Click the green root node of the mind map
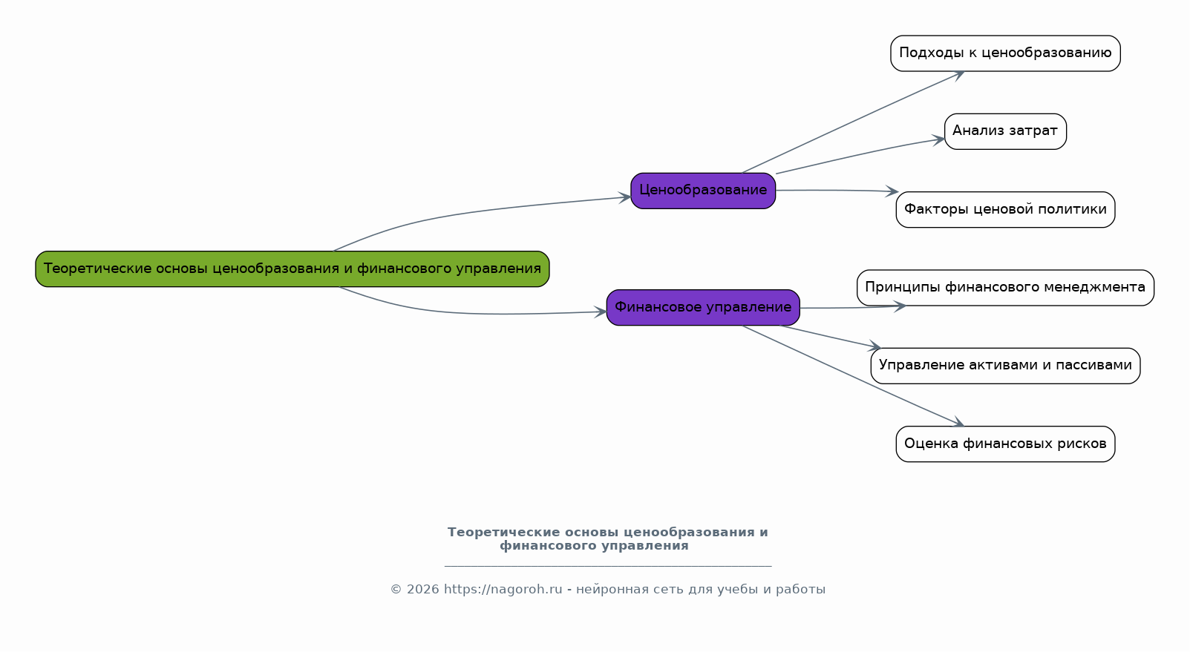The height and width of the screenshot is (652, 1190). click(292, 269)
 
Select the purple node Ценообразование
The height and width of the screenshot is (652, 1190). click(702, 191)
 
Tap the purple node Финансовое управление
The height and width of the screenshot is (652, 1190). click(702, 307)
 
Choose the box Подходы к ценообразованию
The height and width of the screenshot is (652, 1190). click(1004, 53)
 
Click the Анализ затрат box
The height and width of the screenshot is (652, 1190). click(1004, 131)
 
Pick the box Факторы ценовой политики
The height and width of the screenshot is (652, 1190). click(1004, 210)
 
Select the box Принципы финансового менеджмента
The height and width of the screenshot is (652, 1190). click(1004, 288)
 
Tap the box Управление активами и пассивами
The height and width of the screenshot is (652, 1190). click(1004, 366)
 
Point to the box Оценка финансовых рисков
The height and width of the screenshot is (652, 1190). click(1004, 444)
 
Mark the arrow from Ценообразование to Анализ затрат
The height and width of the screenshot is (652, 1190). click(861, 154)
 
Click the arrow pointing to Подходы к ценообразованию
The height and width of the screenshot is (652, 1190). click(854, 122)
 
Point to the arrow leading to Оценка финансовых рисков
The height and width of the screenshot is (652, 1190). click(854, 376)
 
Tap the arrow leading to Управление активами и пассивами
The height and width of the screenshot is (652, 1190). click(831, 337)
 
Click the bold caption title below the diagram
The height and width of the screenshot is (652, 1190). click(607, 539)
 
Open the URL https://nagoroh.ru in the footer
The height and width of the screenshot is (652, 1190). click(503, 590)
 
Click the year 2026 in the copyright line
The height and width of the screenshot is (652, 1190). click(422, 590)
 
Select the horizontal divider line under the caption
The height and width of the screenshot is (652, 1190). click(607, 566)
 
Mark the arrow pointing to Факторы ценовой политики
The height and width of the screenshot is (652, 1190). click(839, 191)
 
